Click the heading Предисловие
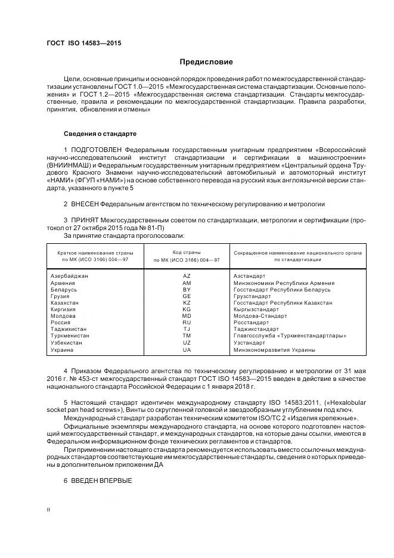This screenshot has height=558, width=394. pos(206,62)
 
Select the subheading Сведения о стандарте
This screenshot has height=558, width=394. pos(100,134)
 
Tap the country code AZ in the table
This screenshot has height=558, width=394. pos(187,277)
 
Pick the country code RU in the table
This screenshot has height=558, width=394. pos(187,323)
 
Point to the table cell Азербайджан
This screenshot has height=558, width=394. pos(69,277)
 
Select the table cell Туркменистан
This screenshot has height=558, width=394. pos(70,336)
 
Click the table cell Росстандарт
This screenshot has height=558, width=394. pos(251,323)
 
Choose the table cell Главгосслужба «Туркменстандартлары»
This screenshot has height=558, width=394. pos(281,336)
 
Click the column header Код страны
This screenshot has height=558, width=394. pos(187,253)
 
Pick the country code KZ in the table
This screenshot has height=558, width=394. pos(187,303)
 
